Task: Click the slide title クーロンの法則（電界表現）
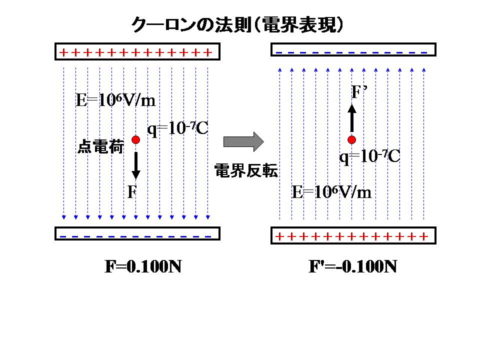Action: [237, 25]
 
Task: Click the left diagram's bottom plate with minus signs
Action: [137, 234]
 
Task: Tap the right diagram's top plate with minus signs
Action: [353, 50]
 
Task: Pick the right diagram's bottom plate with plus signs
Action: [353, 235]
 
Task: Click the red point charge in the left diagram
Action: [135, 139]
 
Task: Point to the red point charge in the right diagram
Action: [351, 139]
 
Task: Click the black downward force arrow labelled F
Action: [135, 165]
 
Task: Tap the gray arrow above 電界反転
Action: [243, 141]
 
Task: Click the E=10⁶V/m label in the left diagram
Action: [115, 100]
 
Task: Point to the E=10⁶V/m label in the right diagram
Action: [331, 192]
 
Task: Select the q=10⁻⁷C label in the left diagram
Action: [177, 128]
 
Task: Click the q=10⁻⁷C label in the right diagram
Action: [369, 156]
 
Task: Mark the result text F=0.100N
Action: [142, 267]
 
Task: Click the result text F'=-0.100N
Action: [353, 267]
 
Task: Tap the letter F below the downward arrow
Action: [131, 192]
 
